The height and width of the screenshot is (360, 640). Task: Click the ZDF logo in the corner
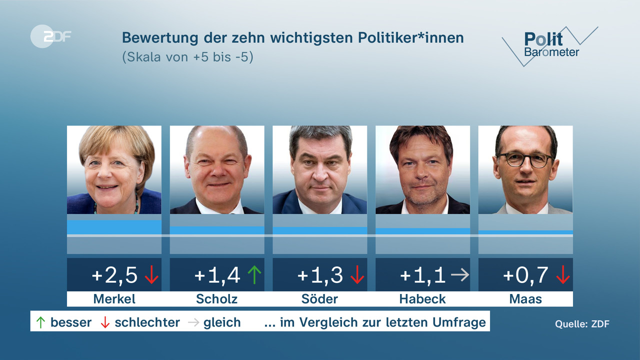point(50,36)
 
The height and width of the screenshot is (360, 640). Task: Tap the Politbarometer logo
point(550,45)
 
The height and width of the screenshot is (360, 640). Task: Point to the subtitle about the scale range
point(187,57)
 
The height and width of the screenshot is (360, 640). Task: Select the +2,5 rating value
point(114,275)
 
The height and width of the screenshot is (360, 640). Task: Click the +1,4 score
point(217,275)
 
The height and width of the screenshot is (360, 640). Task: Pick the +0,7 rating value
point(525,275)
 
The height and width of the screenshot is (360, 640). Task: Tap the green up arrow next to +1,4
point(255,275)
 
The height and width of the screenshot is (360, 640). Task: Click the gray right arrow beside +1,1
point(459,275)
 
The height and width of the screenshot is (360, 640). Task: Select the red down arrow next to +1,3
point(357,275)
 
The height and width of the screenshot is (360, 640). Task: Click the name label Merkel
point(114,299)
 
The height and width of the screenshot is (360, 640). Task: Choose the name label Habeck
point(422,299)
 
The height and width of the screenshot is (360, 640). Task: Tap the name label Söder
point(319,299)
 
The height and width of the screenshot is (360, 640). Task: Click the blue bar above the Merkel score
point(114,227)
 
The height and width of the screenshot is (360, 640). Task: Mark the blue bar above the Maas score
point(525,232)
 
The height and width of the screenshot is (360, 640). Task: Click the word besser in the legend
point(71,322)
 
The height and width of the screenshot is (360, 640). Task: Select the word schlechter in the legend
point(147,322)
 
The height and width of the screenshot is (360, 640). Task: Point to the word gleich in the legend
point(222,322)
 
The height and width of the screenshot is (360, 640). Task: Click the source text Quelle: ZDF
point(582,324)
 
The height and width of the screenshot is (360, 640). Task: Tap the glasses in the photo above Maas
point(524,160)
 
